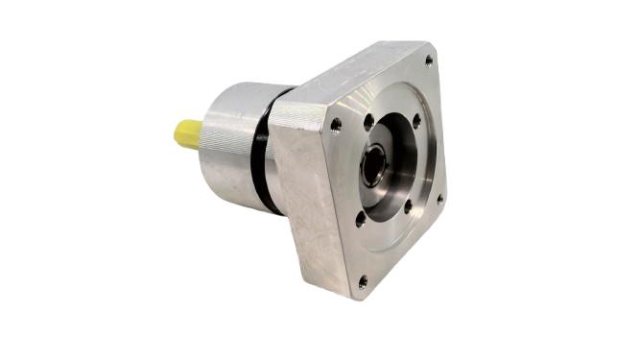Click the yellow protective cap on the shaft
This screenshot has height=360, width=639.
(188, 133)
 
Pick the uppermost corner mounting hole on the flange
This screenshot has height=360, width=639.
(428, 60)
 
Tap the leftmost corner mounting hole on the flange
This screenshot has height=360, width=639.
(335, 124)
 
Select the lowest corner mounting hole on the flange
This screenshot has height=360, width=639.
(362, 281)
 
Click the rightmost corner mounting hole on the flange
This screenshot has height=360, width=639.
(440, 200)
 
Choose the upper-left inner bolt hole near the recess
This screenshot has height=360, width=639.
(368, 121)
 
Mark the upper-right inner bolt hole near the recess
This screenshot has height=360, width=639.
(416, 121)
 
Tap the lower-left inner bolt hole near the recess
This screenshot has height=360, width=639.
(361, 218)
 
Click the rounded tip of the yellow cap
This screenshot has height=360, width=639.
(177, 135)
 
